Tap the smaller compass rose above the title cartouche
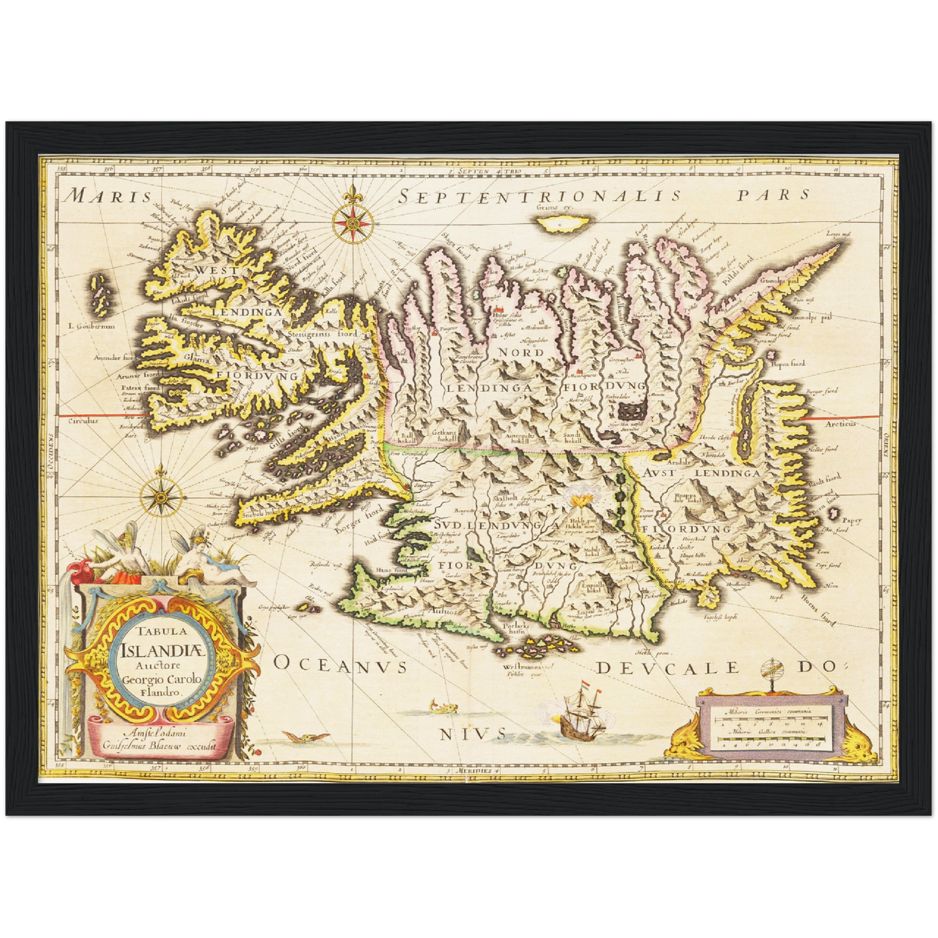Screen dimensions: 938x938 [158, 497]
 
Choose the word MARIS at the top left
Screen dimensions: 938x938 [110, 195]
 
